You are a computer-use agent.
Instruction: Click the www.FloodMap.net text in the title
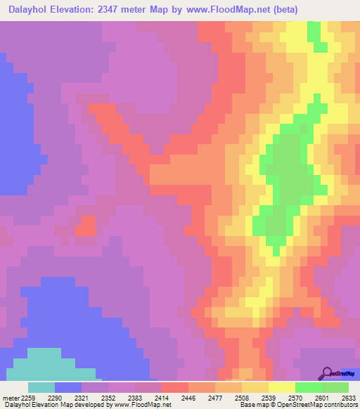(x=228, y=10)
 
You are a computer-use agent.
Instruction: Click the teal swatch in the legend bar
(x=41, y=387)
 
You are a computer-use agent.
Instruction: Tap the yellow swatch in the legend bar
(x=281, y=387)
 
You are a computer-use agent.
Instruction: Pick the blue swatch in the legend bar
(x=68, y=387)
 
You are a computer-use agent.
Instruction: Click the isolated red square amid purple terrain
(x=85, y=226)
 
